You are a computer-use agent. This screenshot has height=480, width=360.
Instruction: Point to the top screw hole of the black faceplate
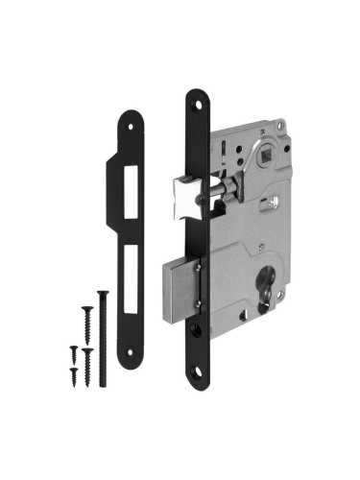(197, 101)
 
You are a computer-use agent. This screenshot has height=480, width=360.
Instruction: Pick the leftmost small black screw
(73, 353)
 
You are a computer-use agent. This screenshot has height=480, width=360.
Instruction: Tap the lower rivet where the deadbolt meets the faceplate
(199, 305)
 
